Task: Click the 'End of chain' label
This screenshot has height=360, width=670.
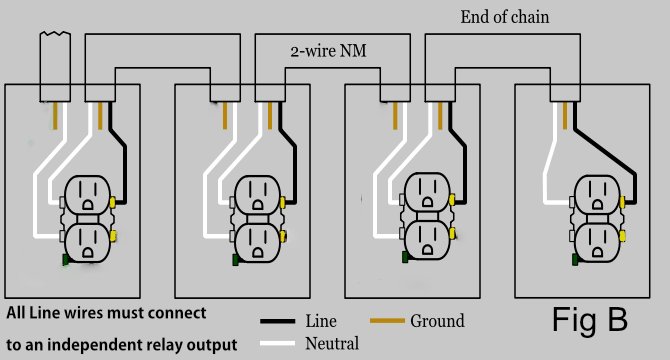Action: pyautogui.click(x=504, y=17)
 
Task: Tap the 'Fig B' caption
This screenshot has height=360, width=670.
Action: pyautogui.click(x=590, y=319)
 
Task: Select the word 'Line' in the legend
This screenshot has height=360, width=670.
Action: pyautogui.click(x=321, y=321)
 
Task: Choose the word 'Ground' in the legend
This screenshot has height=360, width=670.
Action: pyautogui.click(x=437, y=321)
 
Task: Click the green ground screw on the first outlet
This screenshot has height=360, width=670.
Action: pyautogui.click(x=65, y=260)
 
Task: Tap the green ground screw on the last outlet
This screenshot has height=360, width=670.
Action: pyautogui.click(x=575, y=260)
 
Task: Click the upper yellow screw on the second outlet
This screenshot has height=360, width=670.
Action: pyautogui.click(x=285, y=201)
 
